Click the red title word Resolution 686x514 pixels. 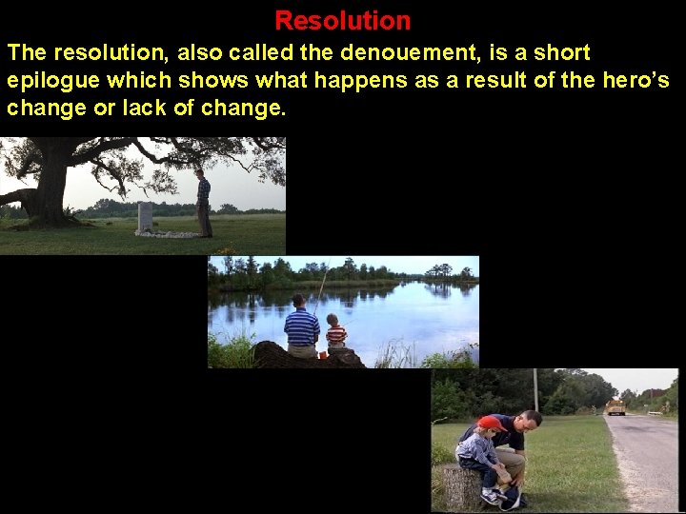pos(343,20)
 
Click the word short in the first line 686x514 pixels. pos(556,53)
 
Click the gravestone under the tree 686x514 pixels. pos(145,216)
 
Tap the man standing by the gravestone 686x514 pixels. pos(203,202)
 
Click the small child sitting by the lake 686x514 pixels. pos(336,335)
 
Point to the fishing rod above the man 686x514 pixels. pos(322,283)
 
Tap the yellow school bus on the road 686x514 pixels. pos(616,406)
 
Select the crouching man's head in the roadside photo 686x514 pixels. pos(528,420)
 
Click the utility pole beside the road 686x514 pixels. pos(535,390)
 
